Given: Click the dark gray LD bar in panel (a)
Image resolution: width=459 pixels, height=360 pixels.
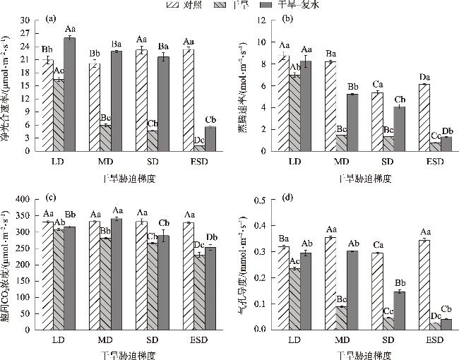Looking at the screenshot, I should click(x=69, y=94).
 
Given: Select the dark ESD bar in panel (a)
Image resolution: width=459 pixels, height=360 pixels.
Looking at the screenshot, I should click(x=210, y=138).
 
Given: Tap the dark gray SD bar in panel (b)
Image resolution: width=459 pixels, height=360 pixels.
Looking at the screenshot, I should click(x=400, y=128).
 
